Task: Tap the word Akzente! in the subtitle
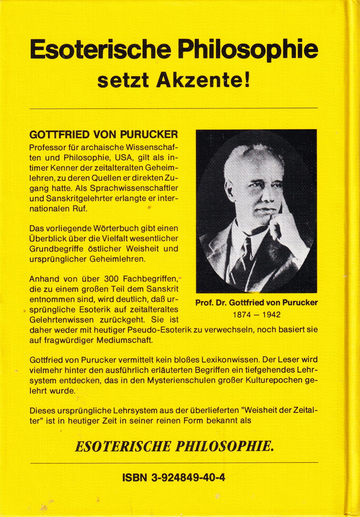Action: click(203, 81)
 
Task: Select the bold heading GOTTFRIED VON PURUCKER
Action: click(103, 135)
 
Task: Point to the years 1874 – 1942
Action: click(256, 314)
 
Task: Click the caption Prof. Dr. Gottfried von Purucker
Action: click(256, 303)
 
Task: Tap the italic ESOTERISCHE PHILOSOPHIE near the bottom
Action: click(174, 446)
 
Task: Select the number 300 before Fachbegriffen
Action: click(111, 279)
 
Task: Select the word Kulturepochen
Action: click(269, 380)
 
